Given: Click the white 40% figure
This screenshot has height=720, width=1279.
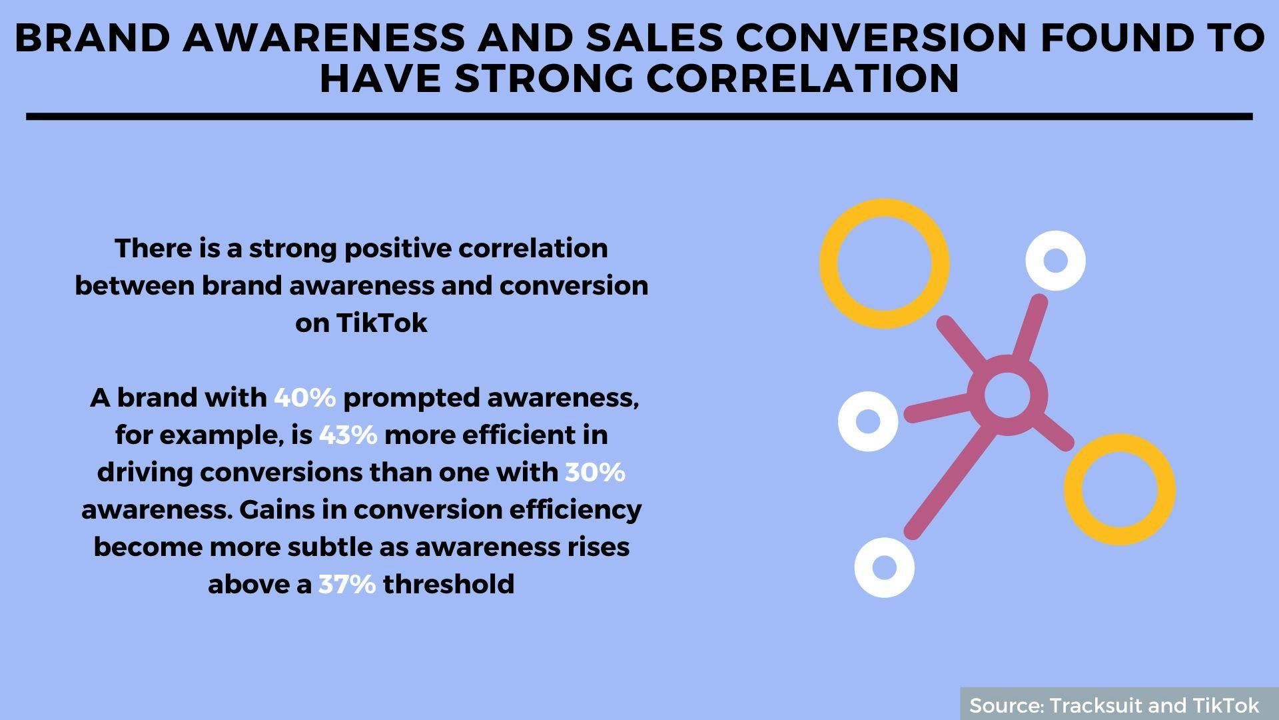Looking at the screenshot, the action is coord(304,398).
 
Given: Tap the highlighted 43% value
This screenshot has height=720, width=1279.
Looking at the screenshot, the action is coord(348,435).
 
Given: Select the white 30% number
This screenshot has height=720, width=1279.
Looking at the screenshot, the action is coord(595,473).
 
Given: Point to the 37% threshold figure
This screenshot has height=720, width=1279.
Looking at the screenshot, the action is coord(347,585).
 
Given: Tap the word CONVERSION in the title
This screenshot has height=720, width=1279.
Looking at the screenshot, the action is coord(882,38).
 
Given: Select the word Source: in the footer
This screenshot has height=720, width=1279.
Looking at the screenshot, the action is coord(1007,705).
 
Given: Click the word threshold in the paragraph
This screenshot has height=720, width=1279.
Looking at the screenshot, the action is coord(449,585).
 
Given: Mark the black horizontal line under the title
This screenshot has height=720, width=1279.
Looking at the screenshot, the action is coord(639,117).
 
